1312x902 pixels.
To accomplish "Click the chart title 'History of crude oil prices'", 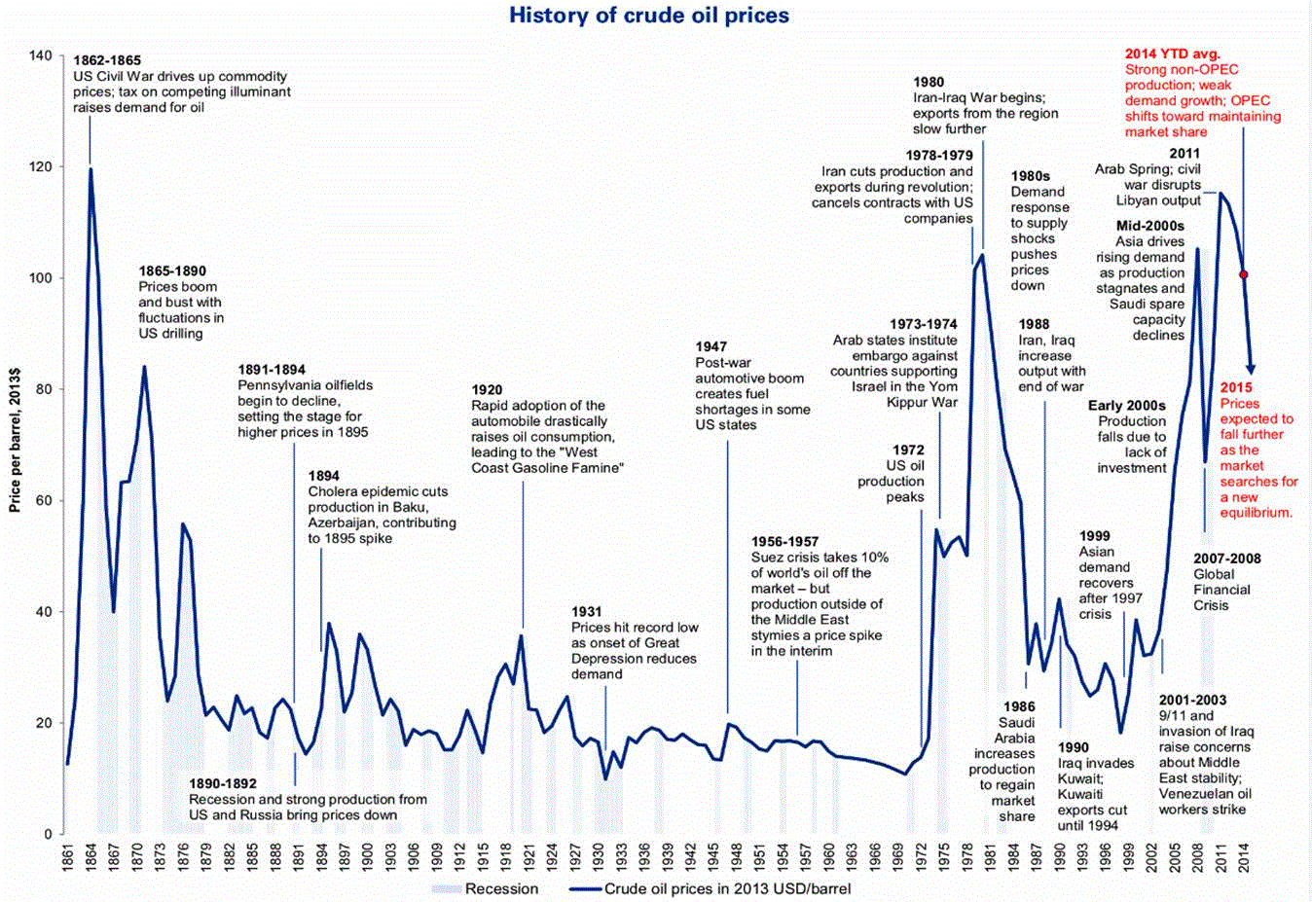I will [649, 16].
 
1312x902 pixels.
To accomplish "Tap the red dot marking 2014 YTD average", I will [1243, 274].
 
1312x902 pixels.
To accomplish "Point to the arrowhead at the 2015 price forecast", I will [1251, 369].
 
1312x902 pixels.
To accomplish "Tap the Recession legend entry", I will [487, 888].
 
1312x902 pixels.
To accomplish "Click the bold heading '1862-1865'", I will [107, 60].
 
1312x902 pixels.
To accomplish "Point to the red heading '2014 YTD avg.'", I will [1172, 54].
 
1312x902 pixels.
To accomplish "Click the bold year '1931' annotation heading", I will [587, 612].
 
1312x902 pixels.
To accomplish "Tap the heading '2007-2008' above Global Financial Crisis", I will [1226, 559].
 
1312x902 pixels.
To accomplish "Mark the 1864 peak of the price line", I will [91, 169].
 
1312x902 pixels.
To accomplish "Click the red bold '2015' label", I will [1237, 388].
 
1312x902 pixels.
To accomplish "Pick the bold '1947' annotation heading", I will [711, 346].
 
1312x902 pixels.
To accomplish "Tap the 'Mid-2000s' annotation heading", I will [1149, 226].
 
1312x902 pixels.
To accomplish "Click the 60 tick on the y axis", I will [44, 500].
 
